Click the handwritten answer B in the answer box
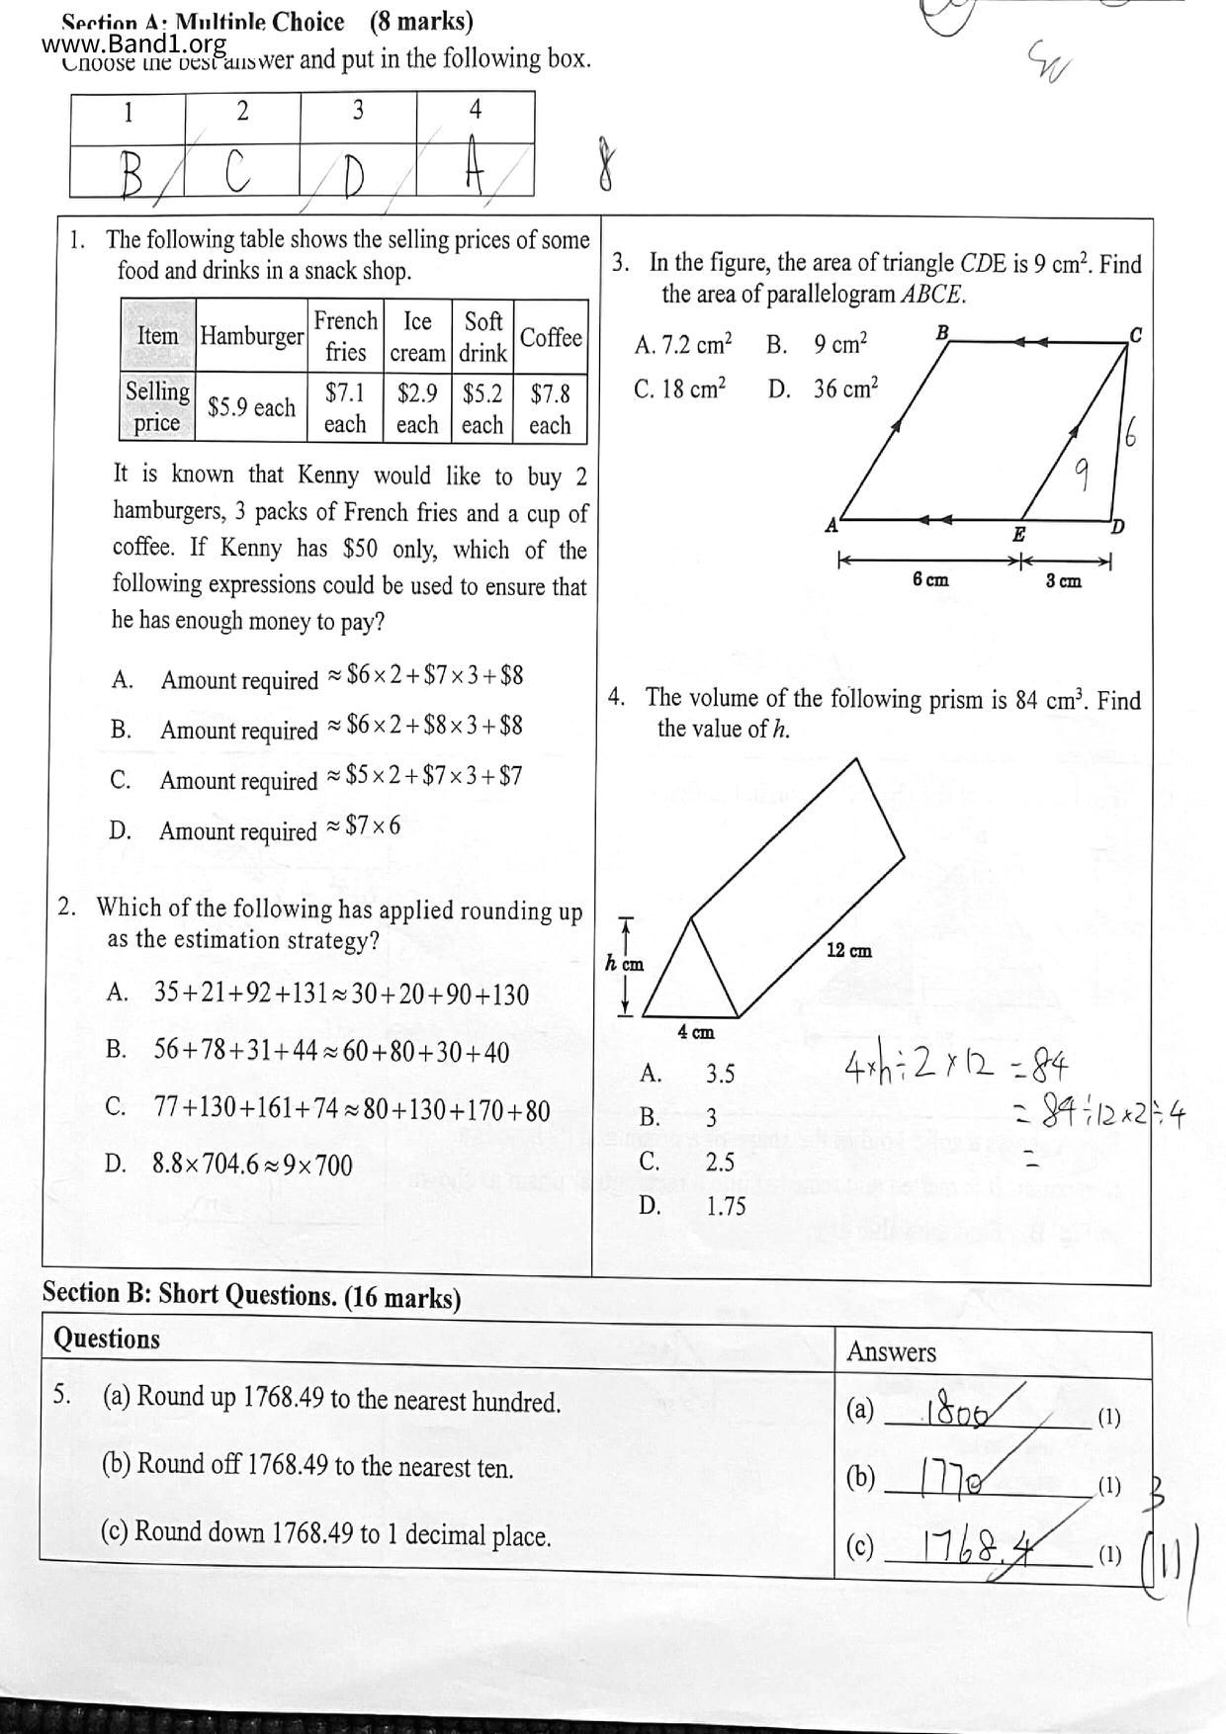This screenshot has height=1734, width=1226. [131, 176]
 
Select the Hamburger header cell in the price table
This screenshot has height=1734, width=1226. [251, 336]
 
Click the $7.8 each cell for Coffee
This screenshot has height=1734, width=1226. [550, 408]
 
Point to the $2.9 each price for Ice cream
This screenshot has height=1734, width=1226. [417, 408]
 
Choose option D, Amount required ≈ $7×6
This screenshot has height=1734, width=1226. [279, 828]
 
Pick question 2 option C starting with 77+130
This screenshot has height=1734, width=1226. [351, 1109]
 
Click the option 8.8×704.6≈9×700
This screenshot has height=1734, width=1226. [252, 1165]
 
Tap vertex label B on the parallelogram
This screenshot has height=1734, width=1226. [942, 332]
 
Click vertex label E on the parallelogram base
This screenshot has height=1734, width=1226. [1018, 535]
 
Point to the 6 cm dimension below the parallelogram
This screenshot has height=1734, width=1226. [929, 579]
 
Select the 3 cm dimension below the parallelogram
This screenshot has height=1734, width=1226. [1064, 581]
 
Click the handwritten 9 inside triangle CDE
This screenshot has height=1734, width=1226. [1082, 476]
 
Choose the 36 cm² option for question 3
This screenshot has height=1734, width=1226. [845, 389]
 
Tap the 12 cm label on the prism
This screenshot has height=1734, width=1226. [848, 951]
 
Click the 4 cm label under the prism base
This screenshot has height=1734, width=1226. [695, 1032]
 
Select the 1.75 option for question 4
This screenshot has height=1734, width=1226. [726, 1205]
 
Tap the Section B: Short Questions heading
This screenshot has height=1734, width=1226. [251, 1296]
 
